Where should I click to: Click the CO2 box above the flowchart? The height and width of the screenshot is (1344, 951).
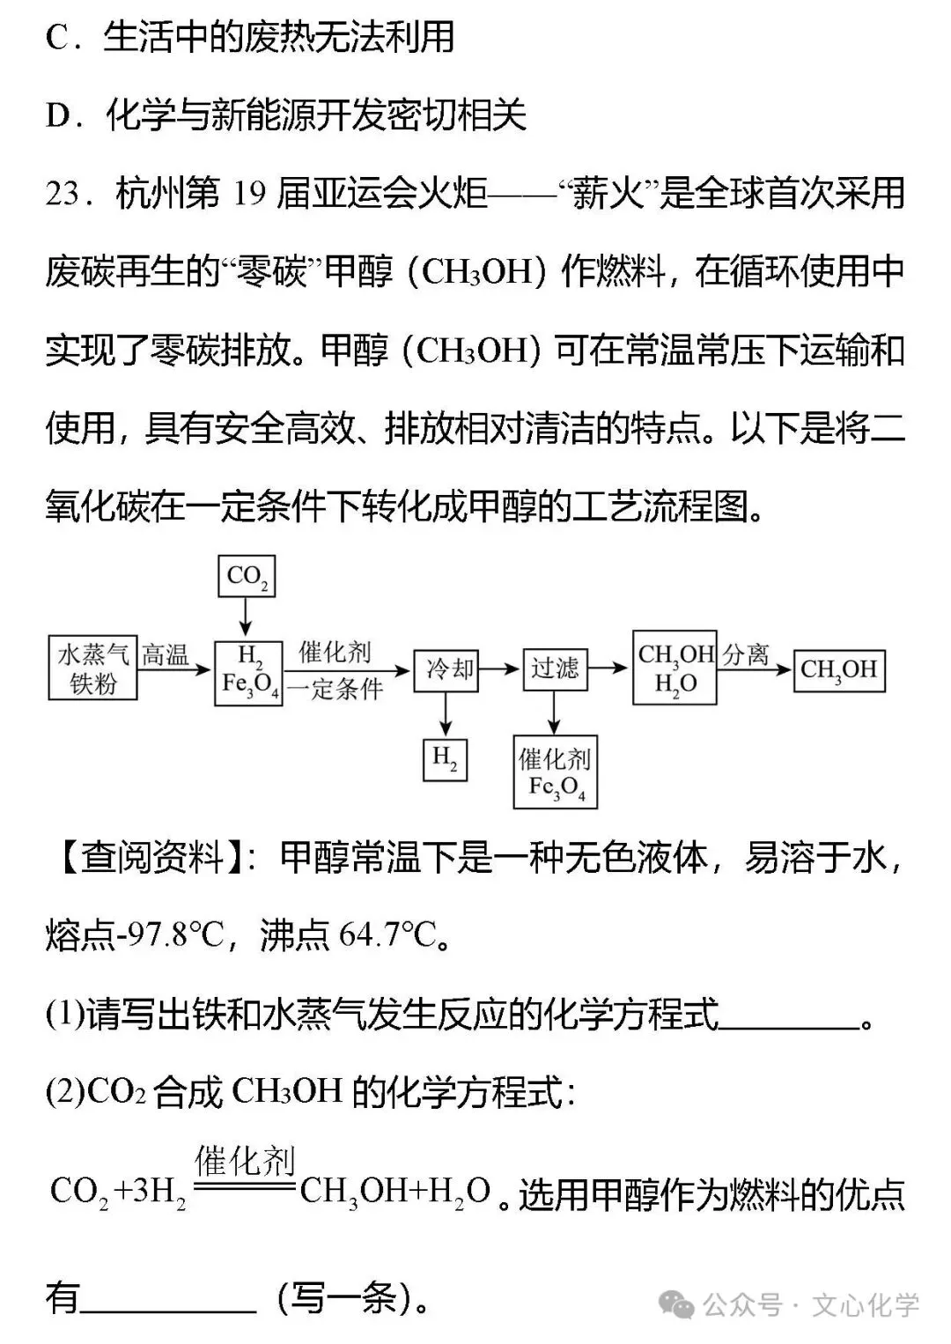[247, 576]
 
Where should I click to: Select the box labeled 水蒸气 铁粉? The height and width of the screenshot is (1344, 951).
[92, 668]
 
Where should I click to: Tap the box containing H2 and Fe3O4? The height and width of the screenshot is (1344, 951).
[249, 672]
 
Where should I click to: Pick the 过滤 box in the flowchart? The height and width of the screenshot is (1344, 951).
[554, 669]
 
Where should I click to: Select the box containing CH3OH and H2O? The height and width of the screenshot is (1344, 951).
[675, 668]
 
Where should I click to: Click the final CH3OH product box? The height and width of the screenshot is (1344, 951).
[838, 670]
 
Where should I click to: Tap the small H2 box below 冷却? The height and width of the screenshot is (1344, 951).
[445, 759]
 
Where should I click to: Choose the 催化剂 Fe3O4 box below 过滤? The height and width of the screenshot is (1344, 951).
[555, 772]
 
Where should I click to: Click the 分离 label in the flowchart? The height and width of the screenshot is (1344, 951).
[746, 654]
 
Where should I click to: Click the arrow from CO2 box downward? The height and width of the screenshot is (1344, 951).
[247, 617]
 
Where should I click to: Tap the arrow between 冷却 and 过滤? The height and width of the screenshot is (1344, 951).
[499, 669]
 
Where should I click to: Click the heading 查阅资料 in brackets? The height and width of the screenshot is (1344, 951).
[152, 857]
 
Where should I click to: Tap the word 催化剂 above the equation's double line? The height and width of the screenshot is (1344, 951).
[245, 1162]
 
